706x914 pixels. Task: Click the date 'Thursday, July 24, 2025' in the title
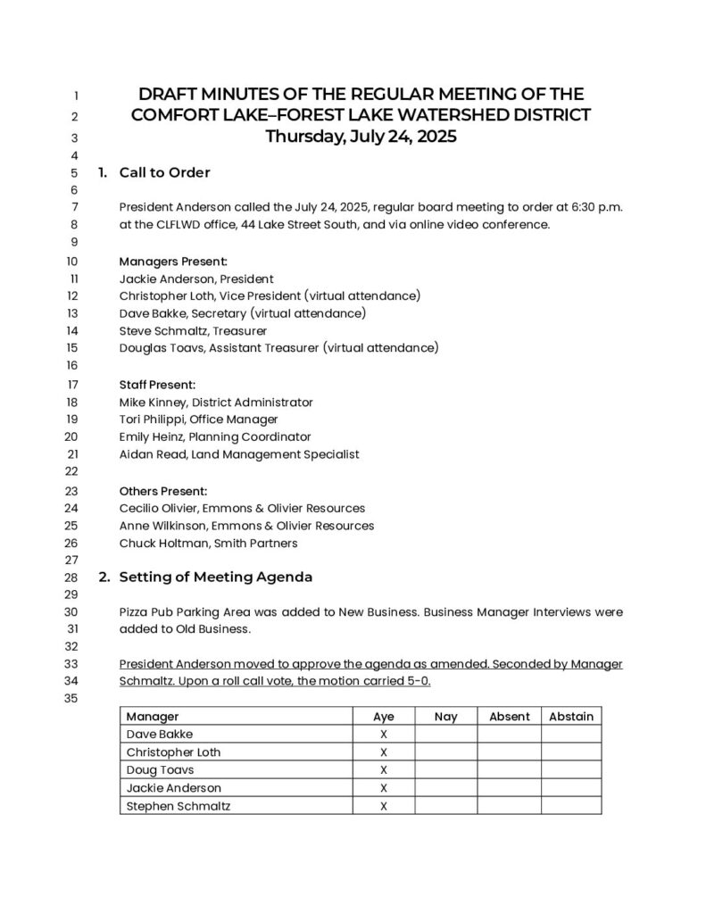(x=361, y=137)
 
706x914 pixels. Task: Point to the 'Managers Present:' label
(x=173, y=262)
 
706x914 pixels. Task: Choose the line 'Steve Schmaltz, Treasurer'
(x=193, y=331)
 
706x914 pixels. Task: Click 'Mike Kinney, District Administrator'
(x=216, y=403)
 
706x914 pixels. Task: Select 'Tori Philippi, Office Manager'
(x=198, y=420)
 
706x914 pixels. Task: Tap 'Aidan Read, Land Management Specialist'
(x=239, y=454)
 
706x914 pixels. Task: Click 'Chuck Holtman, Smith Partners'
(x=208, y=543)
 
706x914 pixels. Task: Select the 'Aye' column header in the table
(x=384, y=717)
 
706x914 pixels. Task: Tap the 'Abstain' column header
(x=571, y=717)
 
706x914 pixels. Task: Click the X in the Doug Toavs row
(x=384, y=770)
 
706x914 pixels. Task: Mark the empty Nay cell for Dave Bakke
(x=445, y=735)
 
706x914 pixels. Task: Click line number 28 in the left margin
(x=72, y=577)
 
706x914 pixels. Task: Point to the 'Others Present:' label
(x=163, y=491)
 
